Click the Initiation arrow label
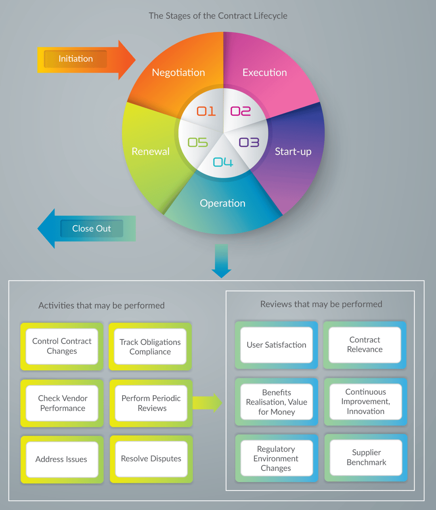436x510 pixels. tap(75, 59)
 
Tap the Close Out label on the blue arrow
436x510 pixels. tap(91, 229)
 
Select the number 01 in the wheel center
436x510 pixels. tap(206, 111)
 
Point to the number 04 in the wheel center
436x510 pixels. tap(223, 162)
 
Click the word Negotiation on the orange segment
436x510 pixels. tap(178, 73)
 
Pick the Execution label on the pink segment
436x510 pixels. tap(264, 73)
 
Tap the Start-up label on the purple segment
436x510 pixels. tap(293, 152)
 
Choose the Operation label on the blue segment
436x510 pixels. tap(222, 203)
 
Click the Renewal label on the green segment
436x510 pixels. tap(151, 152)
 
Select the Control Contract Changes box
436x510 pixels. tap(62, 346)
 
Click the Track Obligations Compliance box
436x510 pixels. tap(150, 347)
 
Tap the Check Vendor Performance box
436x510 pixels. tap(63, 403)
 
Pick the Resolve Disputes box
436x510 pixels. tap(151, 459)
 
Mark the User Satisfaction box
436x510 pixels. tap(277, 345)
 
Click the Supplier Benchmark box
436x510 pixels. tap(366, 458)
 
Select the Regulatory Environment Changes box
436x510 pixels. tap(276, 458)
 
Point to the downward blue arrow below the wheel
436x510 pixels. tap(221, 261)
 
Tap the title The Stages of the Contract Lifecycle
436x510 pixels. tap(218, 16)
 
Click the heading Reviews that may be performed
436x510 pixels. tap(321, 304)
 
